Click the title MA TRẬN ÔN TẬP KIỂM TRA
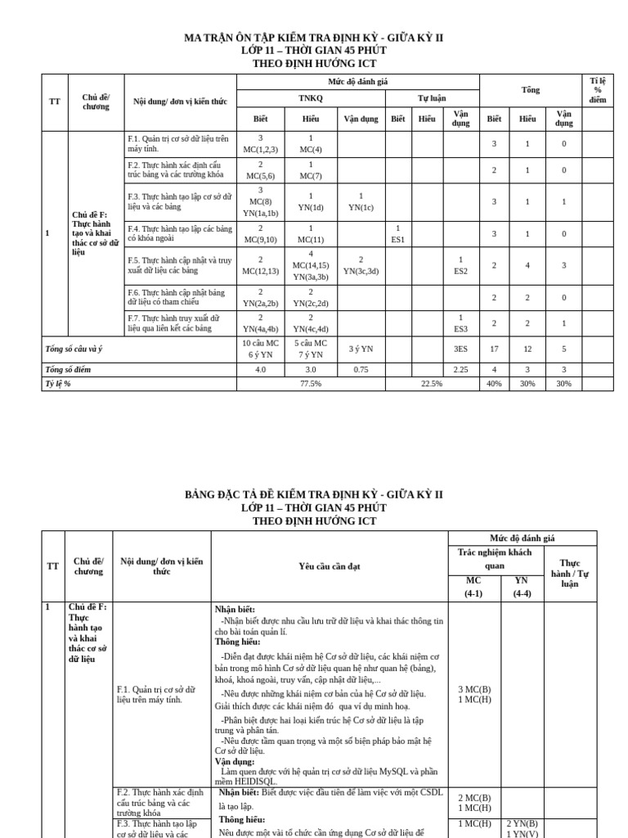[314, 38]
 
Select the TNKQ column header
[310, 97]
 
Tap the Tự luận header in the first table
[432, 97]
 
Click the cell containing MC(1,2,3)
[261, 144]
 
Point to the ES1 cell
[397, 234]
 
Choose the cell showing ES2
[460, 265]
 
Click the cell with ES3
[460, 322]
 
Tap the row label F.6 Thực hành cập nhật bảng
[176, 297]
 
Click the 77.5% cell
[310, 383]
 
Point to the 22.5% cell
[432, 383]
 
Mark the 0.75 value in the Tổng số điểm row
[361, 369]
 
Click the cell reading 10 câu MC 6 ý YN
[261, 349]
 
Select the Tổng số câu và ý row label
[74, 349]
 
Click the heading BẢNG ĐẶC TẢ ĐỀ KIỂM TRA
[314, 494]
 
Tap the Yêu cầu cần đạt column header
[330, 565]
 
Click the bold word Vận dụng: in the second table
[235, 760]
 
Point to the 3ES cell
[460, 349]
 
